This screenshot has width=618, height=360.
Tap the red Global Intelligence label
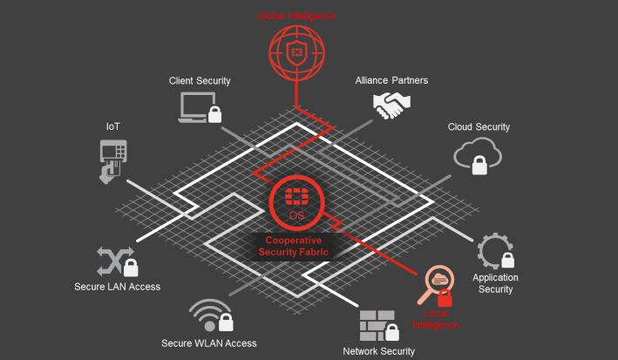pyautogui.click(x=296, y=15)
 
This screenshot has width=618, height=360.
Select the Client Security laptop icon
pyautogui.click(x=200, y=107)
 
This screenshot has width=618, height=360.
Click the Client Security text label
pyautogui.click(x=200, y=81)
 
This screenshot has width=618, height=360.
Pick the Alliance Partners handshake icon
pyautogui.click(x=391, y=105)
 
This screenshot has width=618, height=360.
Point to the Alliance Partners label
pyautogui.click(x=391, y=81)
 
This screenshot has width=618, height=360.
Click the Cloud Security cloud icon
pyautogui.click(x=478, y=155)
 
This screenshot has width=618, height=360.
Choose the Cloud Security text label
pyautogui.click(x=479, y=127)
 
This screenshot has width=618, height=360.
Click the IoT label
pyautogui.click(x=113, y=127)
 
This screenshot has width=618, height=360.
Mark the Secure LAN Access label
pyautogui.click(x=117, y=287)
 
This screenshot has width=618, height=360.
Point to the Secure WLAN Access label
pyautogui.click(x=209, y=343)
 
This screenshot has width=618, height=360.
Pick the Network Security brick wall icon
pyautogui.click(x=379, y=324)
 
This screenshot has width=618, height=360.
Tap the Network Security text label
pyautogui.click(x=379, y=351)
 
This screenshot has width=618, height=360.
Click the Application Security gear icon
pyautogui.click(x=495, y=251)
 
